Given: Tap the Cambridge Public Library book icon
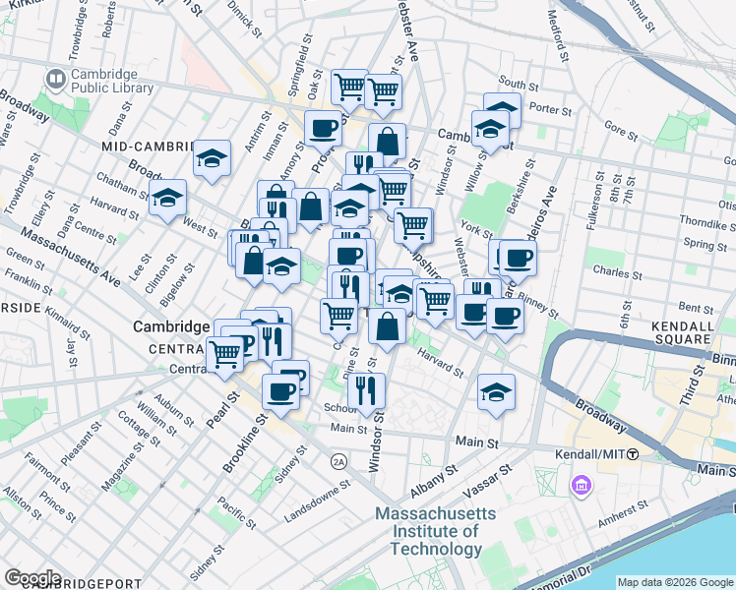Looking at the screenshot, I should coord(55,79).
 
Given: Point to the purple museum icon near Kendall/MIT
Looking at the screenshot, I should coord(581,485).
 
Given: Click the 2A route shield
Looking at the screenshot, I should coord(339,460).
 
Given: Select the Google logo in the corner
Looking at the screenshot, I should coord(32,578).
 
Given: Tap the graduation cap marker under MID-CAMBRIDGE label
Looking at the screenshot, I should coord(212,158).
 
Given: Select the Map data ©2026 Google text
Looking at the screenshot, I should coord(676,581).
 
